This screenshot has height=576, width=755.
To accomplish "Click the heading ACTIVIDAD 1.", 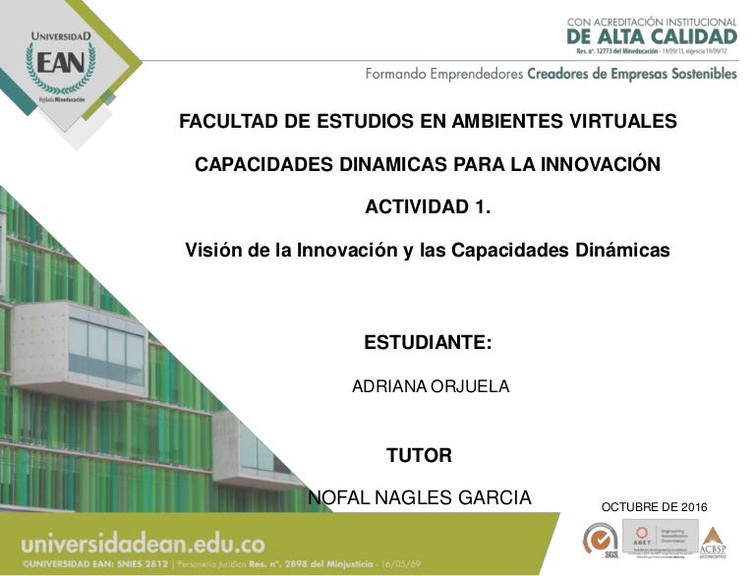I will point(427,207).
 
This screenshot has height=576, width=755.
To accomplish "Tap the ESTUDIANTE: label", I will point(427,343).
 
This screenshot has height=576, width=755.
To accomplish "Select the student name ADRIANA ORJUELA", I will point(431,386).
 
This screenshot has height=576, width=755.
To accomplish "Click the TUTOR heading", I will point(419,455).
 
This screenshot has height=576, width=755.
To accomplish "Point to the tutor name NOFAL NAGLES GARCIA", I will point(420,497).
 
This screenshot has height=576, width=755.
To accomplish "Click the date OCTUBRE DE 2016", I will point(654,506).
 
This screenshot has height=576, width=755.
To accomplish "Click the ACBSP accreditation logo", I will point(713,539).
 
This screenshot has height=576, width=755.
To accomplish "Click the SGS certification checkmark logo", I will point(597,540).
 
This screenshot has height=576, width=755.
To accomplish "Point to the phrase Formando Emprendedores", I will point(443,74).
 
